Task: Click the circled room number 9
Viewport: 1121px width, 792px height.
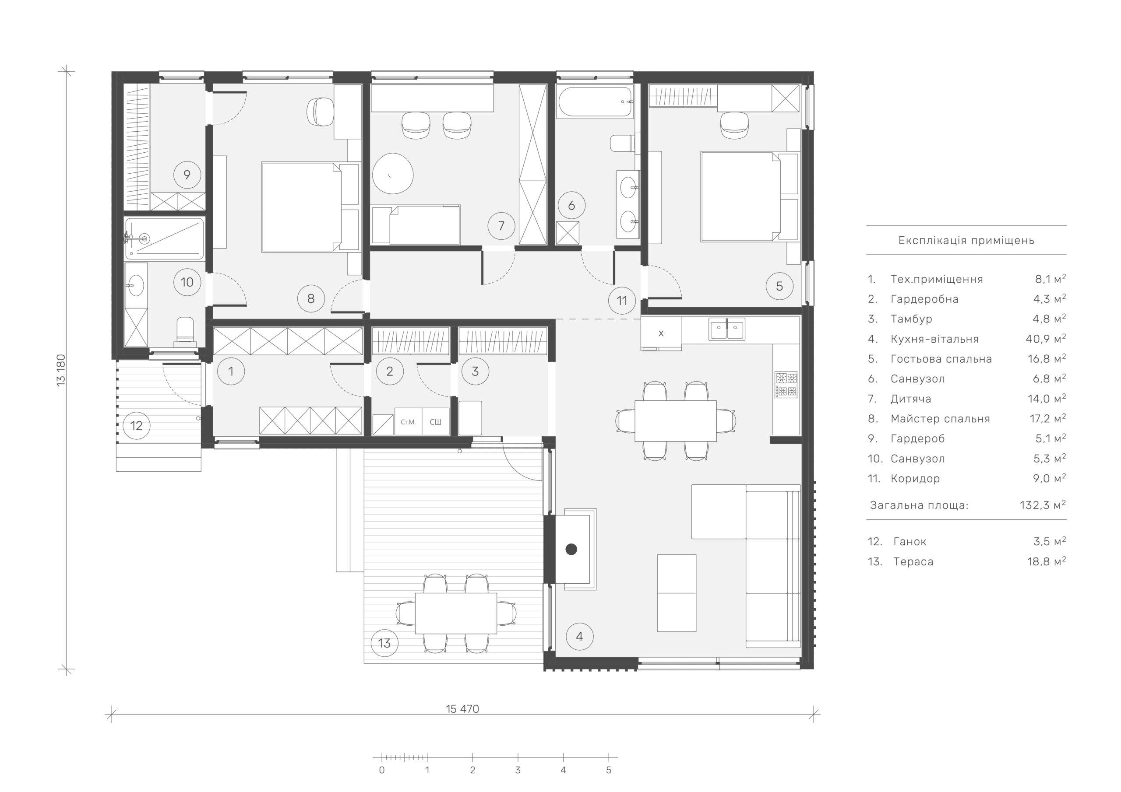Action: [x=187, y=175]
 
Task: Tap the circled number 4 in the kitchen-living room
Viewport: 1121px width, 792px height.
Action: [x=579, y=636]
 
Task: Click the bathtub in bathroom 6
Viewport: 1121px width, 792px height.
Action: [x=595, y=102]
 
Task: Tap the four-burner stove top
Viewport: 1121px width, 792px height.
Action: [x=786, y=385]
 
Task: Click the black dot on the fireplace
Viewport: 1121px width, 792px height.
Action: [x=571, y=549]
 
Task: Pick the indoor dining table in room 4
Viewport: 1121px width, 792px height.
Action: [x=676, y=421]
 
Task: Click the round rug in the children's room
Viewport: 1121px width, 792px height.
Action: [x=393, y=174]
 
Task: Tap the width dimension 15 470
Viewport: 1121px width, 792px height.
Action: [x=462, y=708]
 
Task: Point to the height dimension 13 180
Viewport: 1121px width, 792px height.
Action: [x=61, y=370]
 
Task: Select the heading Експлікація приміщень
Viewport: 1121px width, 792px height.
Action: [x=966, y=240]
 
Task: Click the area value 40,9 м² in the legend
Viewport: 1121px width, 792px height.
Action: [x=1046, y=338]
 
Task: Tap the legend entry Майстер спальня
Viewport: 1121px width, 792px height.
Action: [x=940, y=419]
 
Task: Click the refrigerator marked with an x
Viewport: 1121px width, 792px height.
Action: [x=661, y=333]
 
